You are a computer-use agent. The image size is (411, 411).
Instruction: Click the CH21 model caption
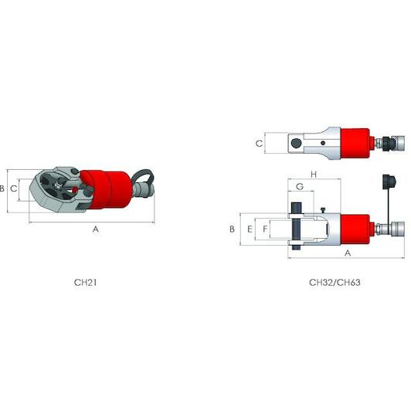[85, 283]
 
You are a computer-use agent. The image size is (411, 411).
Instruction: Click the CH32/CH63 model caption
[335, 283]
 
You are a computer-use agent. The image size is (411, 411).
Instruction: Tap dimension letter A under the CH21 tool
[96, 229]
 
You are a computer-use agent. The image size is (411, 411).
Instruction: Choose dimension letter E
[250, 229]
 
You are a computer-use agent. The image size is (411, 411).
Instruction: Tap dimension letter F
[265, 229]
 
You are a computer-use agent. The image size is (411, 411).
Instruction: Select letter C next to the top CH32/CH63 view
[260, 143]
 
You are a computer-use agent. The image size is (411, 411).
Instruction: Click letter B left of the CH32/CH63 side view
[232, 229]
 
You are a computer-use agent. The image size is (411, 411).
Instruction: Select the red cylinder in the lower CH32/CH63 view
[356, 229]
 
